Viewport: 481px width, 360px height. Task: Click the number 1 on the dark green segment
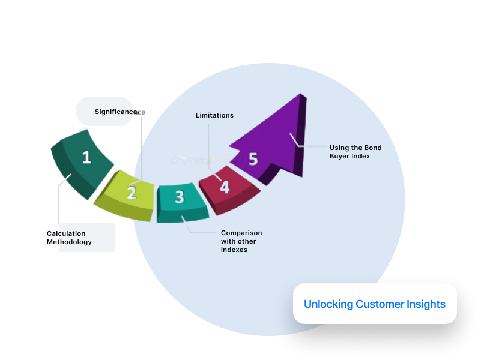[86, 157]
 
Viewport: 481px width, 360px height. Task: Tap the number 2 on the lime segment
[132, 193]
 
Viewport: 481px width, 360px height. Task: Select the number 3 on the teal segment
[179, 197]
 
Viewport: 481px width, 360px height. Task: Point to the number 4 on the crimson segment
[225, 187]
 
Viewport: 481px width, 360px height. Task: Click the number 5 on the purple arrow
[253, 159]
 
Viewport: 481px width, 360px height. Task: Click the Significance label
[119, 112]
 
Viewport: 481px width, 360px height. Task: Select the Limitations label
[214, 115]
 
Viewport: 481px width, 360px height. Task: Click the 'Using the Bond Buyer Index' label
[355, 152]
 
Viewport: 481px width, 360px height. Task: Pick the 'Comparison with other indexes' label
[241, 241]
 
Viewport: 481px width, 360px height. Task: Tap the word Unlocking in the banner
[328, 304]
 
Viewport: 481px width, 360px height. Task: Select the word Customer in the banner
[378, 304]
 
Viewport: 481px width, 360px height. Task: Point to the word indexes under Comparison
[234, 250]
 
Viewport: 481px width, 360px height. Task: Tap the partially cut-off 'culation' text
[72, 233]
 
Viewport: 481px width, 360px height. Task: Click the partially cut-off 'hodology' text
[75, 242]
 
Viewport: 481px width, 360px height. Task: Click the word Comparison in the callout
[241, 233]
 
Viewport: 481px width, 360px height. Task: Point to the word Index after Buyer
[360, 156]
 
